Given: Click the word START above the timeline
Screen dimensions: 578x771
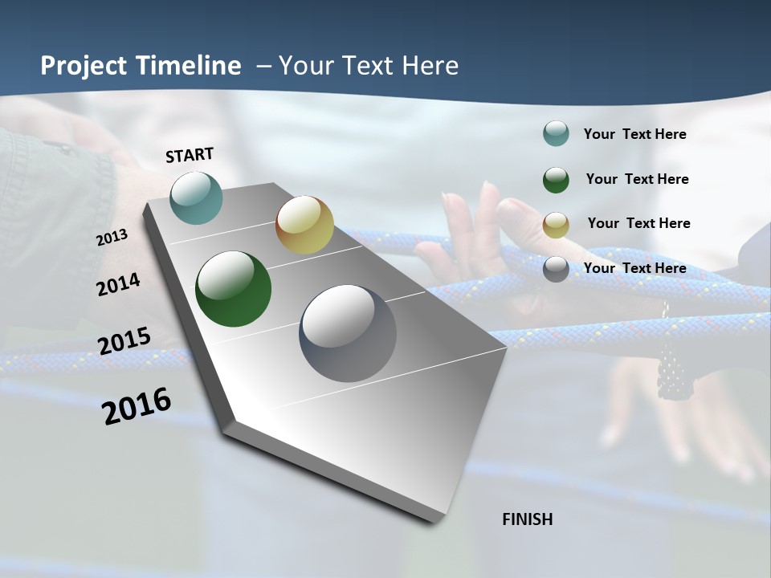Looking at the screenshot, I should click(190, 155).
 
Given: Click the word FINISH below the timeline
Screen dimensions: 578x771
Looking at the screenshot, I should click(528, 519).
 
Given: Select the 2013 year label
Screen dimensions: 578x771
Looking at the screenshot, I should click(112, 238).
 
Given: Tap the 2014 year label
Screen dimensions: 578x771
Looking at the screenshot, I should click(118, 284).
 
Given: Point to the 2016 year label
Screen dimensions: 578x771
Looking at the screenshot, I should click(137, 406).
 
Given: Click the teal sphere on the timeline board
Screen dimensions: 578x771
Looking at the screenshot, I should click(197, 197).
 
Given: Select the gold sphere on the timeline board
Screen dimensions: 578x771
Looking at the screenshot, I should click(304, 225).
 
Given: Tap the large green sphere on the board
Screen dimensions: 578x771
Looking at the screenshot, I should click(234, 289).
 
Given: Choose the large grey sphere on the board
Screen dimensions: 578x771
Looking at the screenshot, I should click(348, 333).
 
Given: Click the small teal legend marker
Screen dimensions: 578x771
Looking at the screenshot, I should click(556, 133).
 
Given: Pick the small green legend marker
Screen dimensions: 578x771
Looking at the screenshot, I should click(556, 180).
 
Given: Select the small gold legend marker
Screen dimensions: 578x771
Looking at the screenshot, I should click(556, 225).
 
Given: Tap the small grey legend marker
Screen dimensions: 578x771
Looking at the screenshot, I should click(556, 269).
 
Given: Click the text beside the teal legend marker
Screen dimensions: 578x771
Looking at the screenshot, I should click(634, 134).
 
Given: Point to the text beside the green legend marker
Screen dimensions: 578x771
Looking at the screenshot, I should click(637, 179).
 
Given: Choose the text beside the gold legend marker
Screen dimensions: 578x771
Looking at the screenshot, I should click(638, 223).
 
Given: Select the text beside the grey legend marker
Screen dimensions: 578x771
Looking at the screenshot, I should click(634, 268).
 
